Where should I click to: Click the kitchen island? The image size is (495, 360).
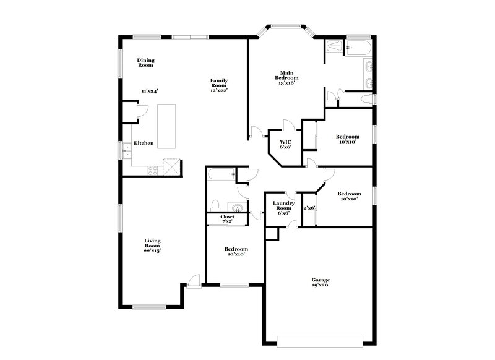tap(166, 126)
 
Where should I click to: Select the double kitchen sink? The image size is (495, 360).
tap(126, 150)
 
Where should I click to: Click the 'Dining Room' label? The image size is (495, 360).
tap(145, 62)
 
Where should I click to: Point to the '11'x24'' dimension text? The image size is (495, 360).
tap(149, 91)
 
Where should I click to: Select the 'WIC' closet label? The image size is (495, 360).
tap(285, 145)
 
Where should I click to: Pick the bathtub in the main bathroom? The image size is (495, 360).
tap(358, 49)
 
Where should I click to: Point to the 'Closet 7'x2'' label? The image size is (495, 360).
tap(227, 219)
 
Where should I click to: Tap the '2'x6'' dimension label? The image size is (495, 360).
tap(309, 208)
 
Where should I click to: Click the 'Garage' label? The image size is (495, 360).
tap(320, 282)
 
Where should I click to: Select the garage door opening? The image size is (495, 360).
tap(320, 340)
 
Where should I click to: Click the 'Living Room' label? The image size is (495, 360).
tap(152, 246)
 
